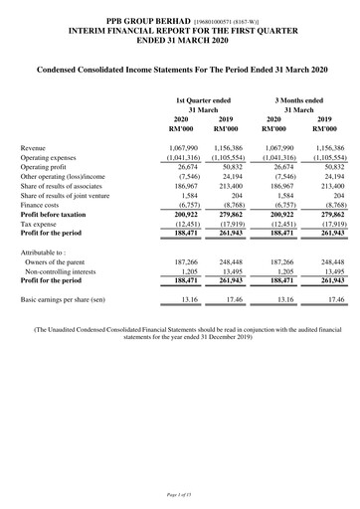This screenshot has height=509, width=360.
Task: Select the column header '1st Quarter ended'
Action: tap(203, 99)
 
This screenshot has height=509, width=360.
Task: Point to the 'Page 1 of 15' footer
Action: tap(180, 495)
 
